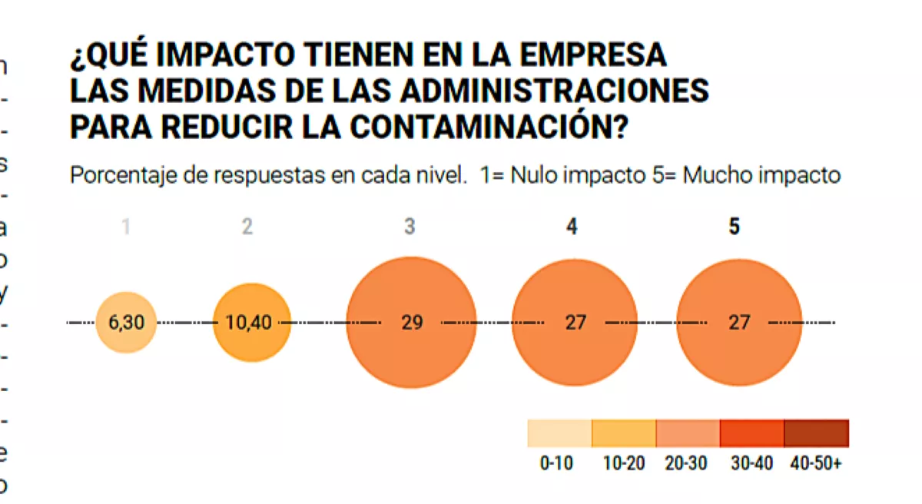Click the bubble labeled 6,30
(126, 323)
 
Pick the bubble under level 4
(575, 323)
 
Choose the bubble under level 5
(739, 323)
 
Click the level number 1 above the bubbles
(126, 227)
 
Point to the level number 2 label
(247, 227)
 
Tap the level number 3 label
(410, 227)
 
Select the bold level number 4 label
(572, 227)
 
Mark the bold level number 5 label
(735, 227)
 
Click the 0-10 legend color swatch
(559, 433)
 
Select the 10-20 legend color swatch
(624, 433)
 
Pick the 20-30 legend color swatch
(688, 433)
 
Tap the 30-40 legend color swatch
(751, 433)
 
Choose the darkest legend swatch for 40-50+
(816, 433)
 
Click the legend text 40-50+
(815, 465)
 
